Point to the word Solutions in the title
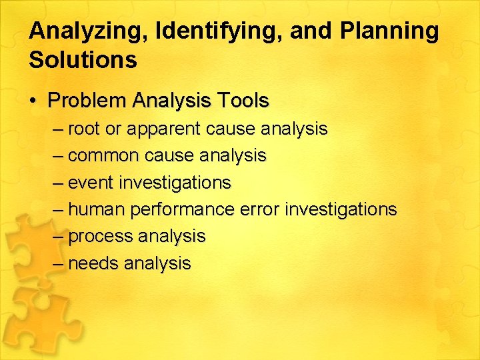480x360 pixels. coord(83,60)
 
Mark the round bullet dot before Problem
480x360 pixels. coord(33,101)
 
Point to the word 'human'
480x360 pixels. coord(97,209)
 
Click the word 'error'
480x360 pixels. coord(259,209)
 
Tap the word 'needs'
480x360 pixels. coord(93,263)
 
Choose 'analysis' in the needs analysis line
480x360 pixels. coord(157,263)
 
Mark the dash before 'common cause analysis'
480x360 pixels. coord(58,156)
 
